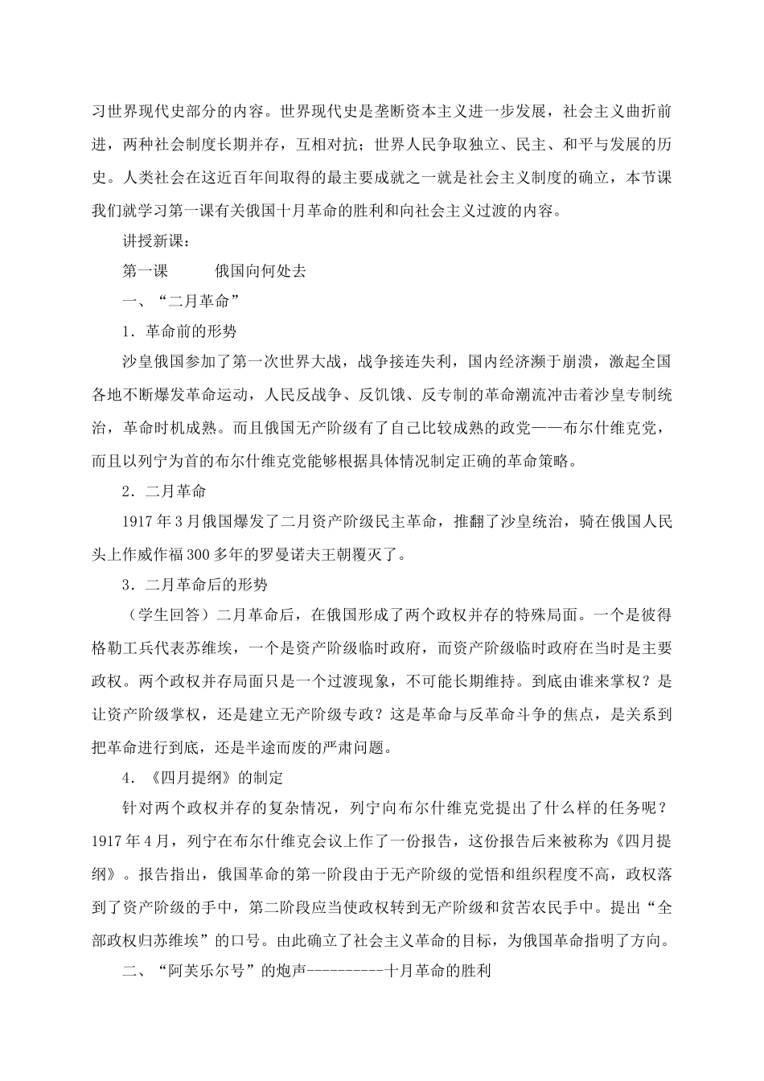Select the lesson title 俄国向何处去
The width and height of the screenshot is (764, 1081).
261,271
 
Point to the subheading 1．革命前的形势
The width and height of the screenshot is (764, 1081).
179,331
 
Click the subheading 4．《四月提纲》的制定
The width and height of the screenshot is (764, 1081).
202,778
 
